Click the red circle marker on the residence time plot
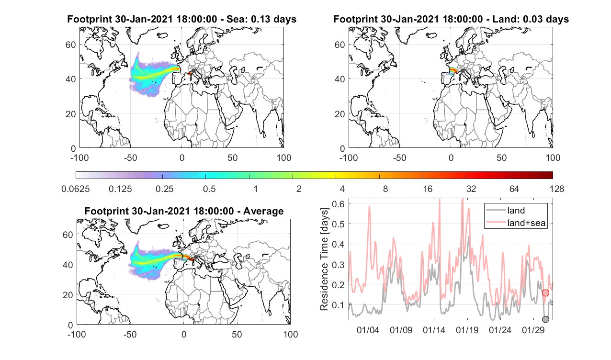click(545, 293)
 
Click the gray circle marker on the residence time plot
click(545, 319)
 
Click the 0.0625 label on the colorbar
click(76, 189)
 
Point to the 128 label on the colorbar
click(557, 189)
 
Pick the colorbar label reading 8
click(385, 189)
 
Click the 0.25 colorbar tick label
click(164, 189)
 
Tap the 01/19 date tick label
click(467, 330)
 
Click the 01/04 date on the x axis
click(368, 330)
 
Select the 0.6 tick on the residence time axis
click(338, 204)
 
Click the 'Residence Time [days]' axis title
click(324, 259)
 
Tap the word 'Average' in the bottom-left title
click(263, 212)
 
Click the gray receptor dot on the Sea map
click(193, 71)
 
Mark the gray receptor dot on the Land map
click(463, 71)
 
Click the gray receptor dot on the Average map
click(196, 257)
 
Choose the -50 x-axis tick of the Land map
click(400, 157)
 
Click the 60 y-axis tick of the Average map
click(68, 235)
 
